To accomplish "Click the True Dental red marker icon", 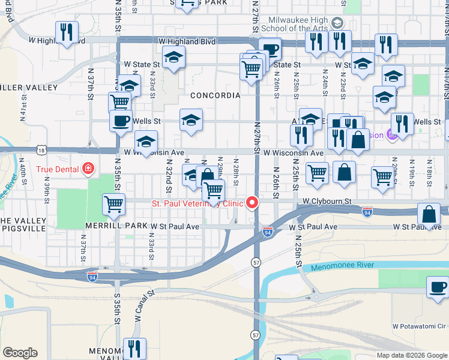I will click(88, 169).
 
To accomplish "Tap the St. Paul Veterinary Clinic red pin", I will click(253, 203).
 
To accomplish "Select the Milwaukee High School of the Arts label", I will click(298, 24).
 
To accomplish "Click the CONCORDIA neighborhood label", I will click(215, 95).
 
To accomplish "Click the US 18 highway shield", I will click(41, 149).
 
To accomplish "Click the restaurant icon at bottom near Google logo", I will click(134, 348).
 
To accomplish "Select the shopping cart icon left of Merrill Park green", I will click(113, 204).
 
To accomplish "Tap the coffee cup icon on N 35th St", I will click(121, 121).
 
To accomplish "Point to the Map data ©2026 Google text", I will click(411, 355).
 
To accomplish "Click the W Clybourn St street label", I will click(326, 201).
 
